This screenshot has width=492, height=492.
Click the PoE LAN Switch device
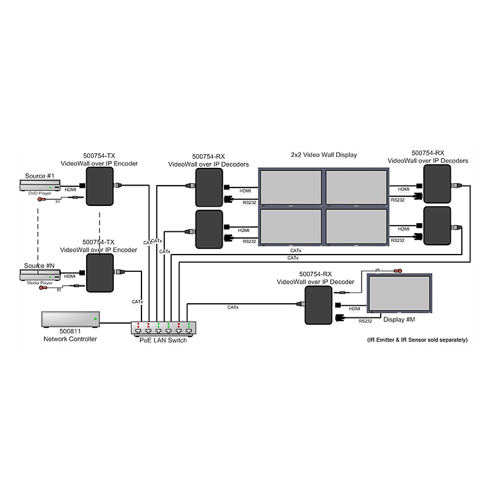(x=163, y=328)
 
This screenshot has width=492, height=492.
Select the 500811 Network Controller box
(x=71, y=319)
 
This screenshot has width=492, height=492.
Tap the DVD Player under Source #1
(x=40, y=185)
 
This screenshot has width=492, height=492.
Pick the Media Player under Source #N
(x=40, y=275)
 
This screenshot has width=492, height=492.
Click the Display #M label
(x=399, y=319)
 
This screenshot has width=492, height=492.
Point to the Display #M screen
(x=399, y=293)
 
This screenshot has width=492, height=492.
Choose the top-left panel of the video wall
(x=291, y=187)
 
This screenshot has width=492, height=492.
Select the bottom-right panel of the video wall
(x=357, y=226)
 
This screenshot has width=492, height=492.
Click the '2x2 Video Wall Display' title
(x=324, y=155)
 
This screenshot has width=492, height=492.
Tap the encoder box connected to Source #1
(x=100, y=186)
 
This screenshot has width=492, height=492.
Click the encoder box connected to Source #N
(x=100, y=273)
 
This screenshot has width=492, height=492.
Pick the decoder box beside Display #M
(x=319, y=305)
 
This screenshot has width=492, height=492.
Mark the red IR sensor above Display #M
(x=398, y=271)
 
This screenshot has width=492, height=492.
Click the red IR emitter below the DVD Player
(x=39, y=199)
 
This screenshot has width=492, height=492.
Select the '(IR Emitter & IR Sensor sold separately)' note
(x=418, y=340)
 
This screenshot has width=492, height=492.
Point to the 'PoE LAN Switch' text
(x=163, y=340)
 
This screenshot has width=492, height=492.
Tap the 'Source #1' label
(x=39, y=176)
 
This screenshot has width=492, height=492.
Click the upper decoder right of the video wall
(x=437, y=184)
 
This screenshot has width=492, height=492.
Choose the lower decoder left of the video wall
(x=209, y=229)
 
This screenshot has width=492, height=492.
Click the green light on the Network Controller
(x=95, y=319)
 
